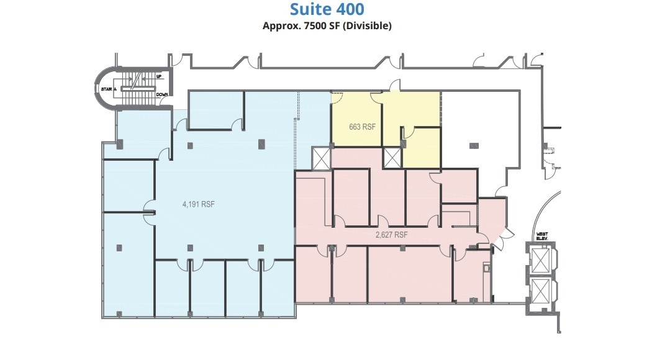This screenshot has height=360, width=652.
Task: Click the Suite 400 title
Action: [327, 9]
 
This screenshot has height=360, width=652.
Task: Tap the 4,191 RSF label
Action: [199, 204]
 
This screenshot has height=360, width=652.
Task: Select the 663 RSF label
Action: [363, 127]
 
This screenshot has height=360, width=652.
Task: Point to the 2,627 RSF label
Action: [391, 235]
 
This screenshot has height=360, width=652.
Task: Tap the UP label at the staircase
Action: [159, 77]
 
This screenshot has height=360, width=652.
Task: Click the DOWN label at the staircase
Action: [161, 94]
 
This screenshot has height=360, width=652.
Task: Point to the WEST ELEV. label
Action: [542, 236]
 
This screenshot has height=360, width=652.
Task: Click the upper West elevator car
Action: [541, 260]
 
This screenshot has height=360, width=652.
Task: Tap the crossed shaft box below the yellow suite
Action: [392, 158]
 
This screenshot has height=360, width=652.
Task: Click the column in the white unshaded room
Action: [474, 145]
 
